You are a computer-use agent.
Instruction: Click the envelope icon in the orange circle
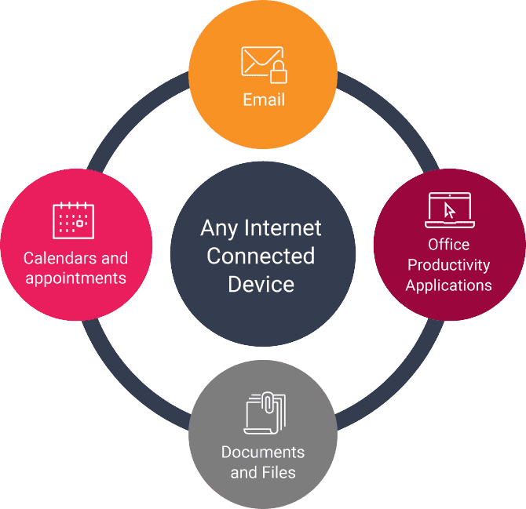tap(260, 63)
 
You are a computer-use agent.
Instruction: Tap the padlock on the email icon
tap(278, 75)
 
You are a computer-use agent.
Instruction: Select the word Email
tap(263, 100)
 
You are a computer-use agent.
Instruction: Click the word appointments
tap(75, 278)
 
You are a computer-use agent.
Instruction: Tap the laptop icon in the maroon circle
tap(449, 209)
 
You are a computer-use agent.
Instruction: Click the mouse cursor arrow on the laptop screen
tap(450, 210)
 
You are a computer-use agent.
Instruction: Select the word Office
tap(449, 244)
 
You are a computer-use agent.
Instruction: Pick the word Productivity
tap(449, 264)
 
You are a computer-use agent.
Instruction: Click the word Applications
tap(449, 285)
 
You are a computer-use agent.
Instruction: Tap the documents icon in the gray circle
tap(264, 413)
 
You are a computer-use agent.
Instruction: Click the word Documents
tap(263, 453)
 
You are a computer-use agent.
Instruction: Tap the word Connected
tap(261, 256)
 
